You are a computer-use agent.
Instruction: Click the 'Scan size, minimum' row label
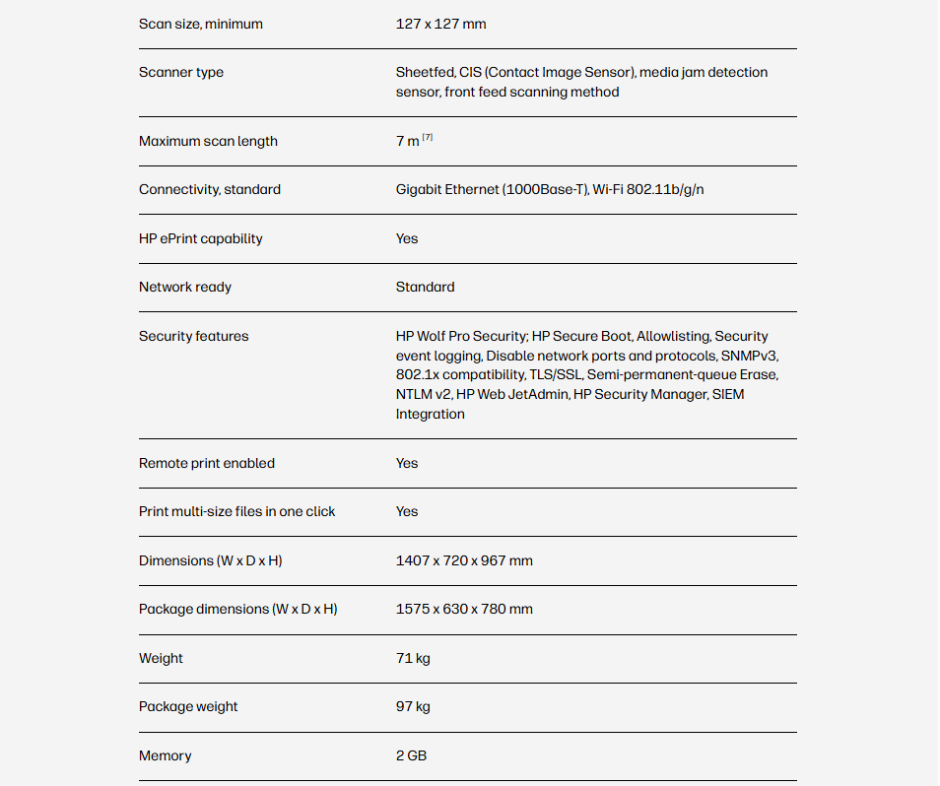click(200, 24)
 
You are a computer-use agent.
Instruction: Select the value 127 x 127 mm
click(440, 24)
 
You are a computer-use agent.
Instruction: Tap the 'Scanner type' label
click(181, 72)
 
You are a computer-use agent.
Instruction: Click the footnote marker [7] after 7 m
click(428, 138)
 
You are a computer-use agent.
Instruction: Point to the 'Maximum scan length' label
click(208, 141)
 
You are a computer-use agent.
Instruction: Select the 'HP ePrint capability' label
click(200, 238)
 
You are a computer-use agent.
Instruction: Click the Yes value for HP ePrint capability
click(407, 238)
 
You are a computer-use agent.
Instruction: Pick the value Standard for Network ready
click(425, 287)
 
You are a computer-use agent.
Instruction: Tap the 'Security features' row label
click(193, 336)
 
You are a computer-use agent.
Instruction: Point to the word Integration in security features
click(430, 414)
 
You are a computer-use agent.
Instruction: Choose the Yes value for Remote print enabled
click(407, 463)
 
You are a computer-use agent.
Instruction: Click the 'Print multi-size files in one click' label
click(236, 511)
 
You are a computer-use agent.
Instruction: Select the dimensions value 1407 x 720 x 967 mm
click(464, 560)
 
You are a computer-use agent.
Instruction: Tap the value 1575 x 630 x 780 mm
click(464, 609)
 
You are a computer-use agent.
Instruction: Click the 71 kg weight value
click(413, 658)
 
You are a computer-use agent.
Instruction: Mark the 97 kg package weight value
click(413, 706)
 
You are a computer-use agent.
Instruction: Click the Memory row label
click(165, 755)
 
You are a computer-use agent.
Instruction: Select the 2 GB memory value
click(411, 755)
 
